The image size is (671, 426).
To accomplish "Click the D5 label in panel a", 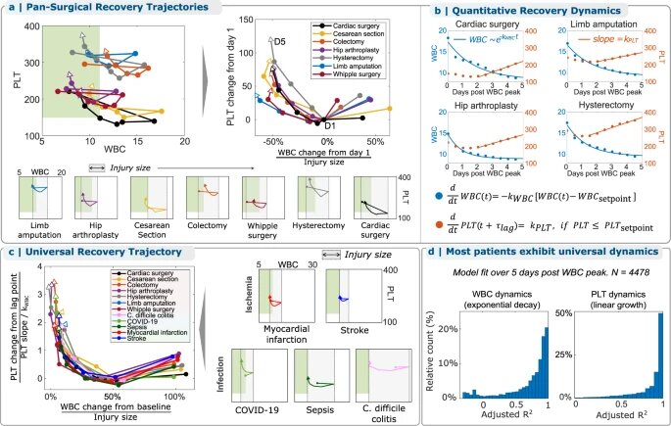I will (278, 42).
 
